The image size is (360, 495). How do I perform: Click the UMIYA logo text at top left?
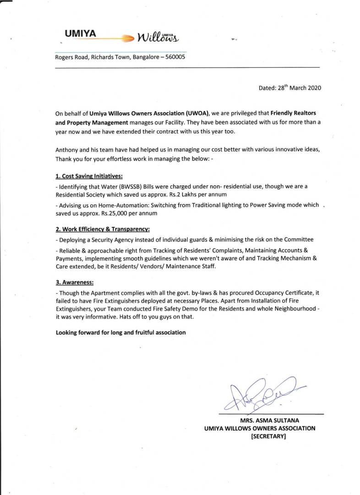click(80, 33)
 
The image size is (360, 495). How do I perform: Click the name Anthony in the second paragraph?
click(67, 150)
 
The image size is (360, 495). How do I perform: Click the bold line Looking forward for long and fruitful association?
click(120, 332)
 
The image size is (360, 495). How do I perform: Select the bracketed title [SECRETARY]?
click(268, 437)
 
